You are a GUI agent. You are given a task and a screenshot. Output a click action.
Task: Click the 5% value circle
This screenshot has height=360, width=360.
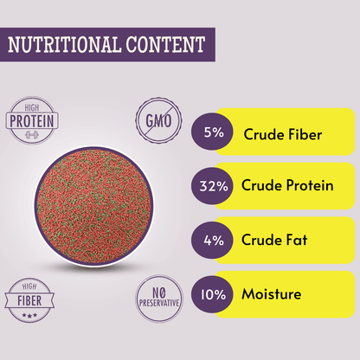tap(212, 133)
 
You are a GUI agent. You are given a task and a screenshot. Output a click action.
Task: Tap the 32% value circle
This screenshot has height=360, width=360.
tap(212, 187)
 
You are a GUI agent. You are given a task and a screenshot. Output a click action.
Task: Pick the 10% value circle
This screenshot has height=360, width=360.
tap(212, 294)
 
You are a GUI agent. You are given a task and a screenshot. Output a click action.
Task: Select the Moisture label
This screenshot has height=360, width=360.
tap(272, 294)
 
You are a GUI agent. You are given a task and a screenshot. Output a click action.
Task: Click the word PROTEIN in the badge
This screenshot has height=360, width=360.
tap(33, 123)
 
